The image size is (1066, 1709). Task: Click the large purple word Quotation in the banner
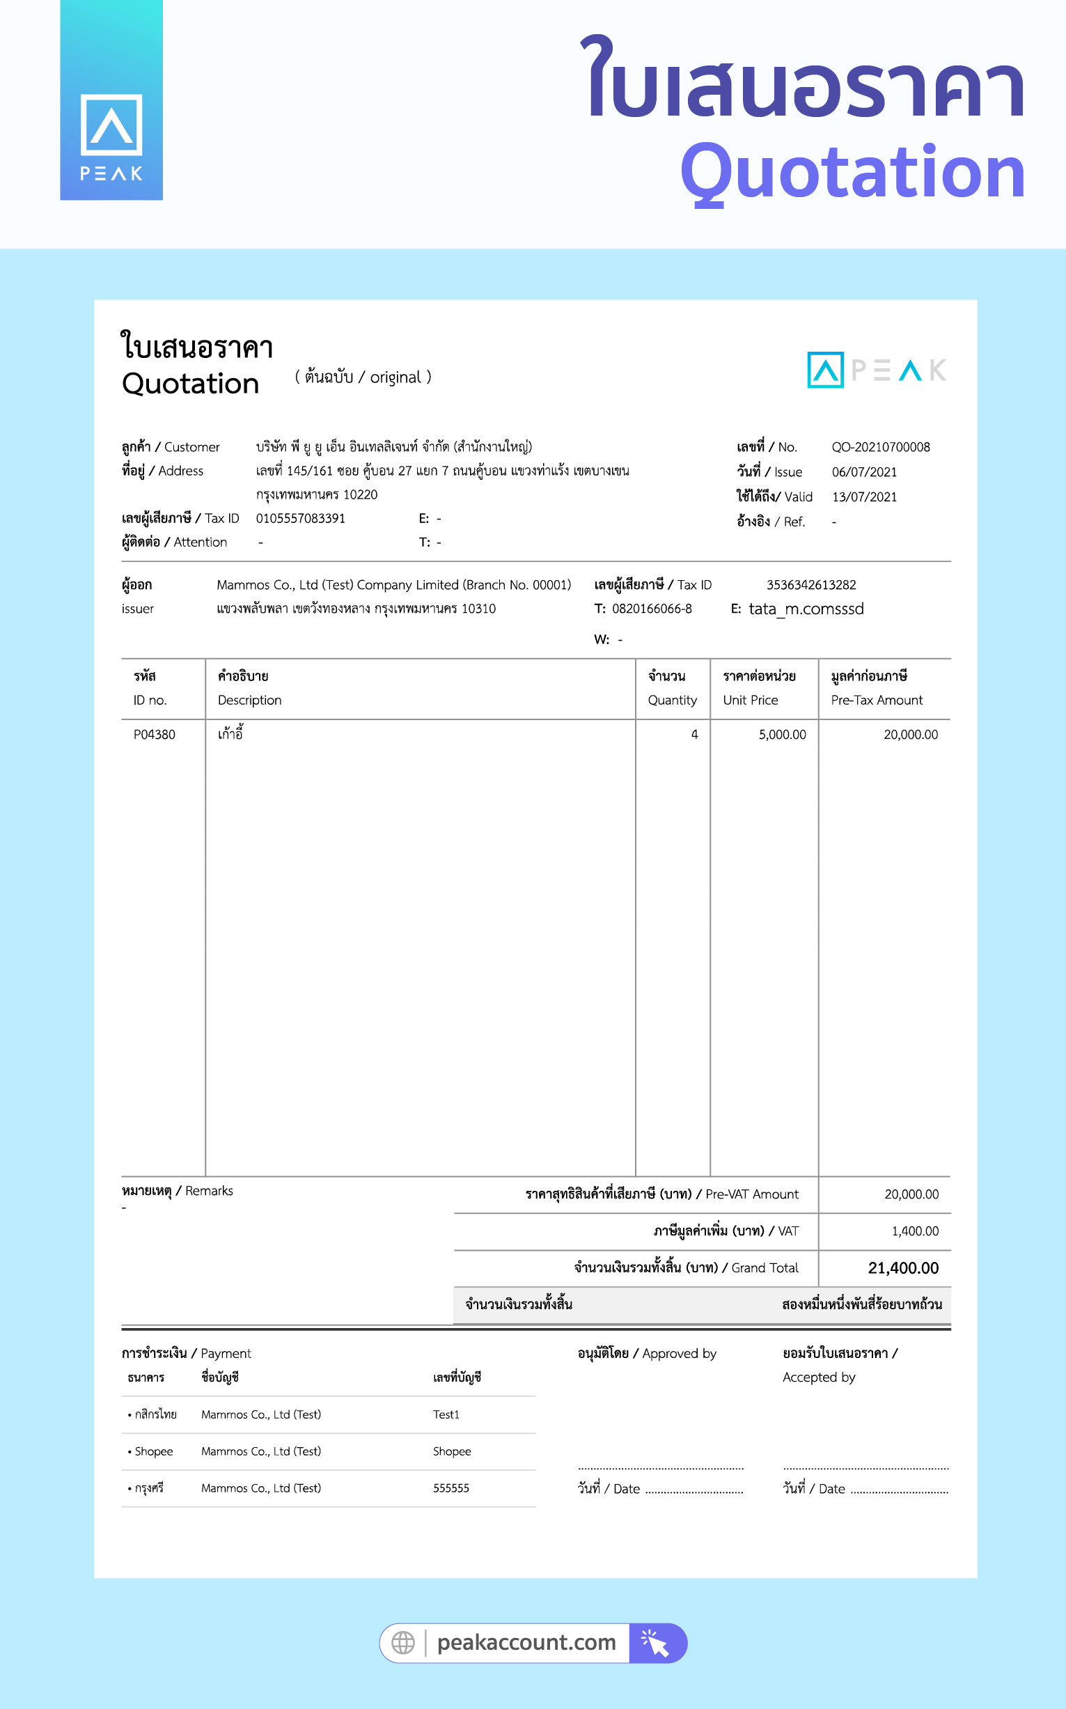click(x=852, y=172)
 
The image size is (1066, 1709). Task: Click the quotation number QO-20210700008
click(x=881, y=447)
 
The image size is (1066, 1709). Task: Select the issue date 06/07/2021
click(x=864, y=471)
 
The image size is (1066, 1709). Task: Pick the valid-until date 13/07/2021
click(x=864, y=497)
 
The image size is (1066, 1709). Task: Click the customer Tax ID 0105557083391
click(x=300, y=518)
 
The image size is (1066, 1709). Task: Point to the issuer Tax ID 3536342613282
click(x=810, y=584)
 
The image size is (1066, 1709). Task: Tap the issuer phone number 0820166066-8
click(x=652, y=609)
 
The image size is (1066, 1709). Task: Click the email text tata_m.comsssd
click(x=806, y=609)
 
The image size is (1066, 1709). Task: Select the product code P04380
click(x=155, y=734)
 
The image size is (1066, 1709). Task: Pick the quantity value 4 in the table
click(x=694, y=734)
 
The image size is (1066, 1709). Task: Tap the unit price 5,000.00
click(x=782, y=734)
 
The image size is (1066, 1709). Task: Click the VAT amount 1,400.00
click(x=914, y=1231)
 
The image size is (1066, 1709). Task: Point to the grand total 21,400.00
click(x=903, y=1267)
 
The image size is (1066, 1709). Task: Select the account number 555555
click(x=450, y=1488)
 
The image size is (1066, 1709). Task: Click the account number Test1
click(x=446, y=1414)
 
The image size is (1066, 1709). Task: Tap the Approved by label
click(x=647, y=1353)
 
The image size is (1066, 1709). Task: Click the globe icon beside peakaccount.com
click(x=403, y=1643)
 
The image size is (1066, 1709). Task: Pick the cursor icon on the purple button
click(x=656, y=1643)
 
